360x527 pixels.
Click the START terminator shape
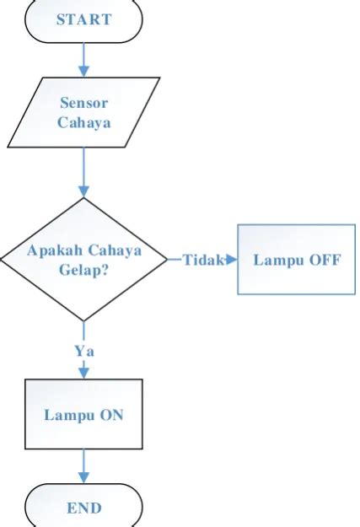[x=83, y=20]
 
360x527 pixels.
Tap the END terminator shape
[x=83, y=508]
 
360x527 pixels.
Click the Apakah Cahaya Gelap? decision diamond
[x=83, y=259]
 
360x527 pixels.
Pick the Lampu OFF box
[x=296, y=259]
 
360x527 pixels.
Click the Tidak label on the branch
[x=202, y=260]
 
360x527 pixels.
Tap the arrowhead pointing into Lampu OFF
[x=232, y=260]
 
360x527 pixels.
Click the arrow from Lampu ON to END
[x=83, y=465]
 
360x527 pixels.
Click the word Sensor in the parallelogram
[x=83, y=103]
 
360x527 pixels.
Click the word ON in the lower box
[x=109, y=414]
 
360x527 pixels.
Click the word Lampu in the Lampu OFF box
[x=277, y=260]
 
